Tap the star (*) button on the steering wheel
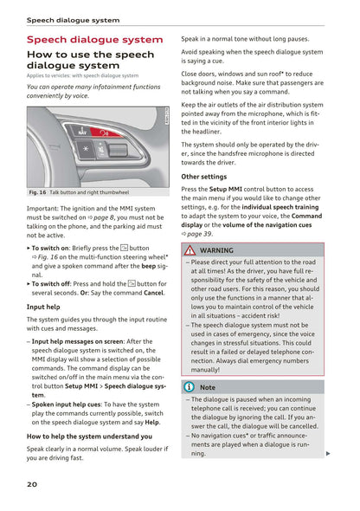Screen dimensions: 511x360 coord(85,148)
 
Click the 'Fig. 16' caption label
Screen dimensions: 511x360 coord(37,192)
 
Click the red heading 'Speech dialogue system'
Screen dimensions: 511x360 coord(94,40)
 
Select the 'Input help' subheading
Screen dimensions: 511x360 coord(43,307)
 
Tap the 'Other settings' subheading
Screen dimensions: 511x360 coord(203,177)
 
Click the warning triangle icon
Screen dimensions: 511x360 coord(190,249)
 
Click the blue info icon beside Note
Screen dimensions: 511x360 coord(189,387)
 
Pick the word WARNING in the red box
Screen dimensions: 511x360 coord(216,250)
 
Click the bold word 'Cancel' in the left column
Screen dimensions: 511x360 coord(153,293)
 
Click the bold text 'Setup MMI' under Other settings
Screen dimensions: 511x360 coord(226,189)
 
